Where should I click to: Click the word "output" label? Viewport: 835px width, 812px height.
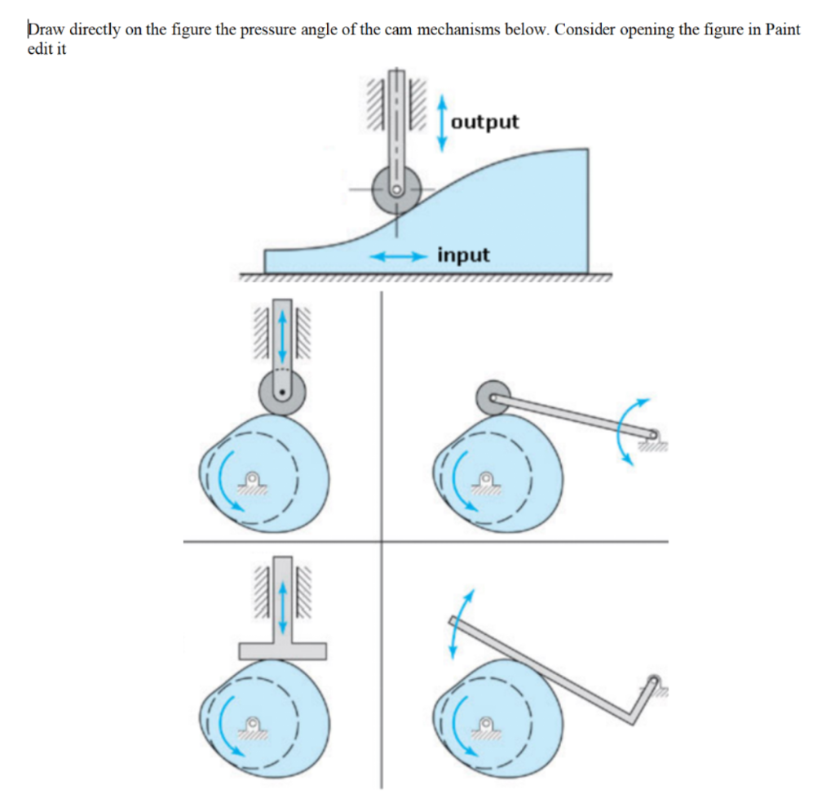pyautogui.click(x=484, y=122)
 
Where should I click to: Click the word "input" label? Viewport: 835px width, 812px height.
pyautogui.click(x=463, y=255)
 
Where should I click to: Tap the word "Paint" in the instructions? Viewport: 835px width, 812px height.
pyautogui.click(x=780, y=29)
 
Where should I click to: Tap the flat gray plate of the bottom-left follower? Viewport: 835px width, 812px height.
pyautogui.click(x=282, y=650)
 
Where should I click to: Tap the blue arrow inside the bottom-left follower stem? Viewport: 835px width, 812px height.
pyautogui.click(x=282, y=606)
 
